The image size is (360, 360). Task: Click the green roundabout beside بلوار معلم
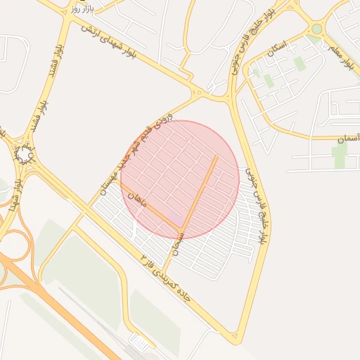(317, 29)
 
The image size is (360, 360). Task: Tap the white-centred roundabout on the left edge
(25, 153)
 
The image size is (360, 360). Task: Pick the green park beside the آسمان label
(340, 156)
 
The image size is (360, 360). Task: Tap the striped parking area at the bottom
(141, 343)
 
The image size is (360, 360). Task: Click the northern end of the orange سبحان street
(217, 156)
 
